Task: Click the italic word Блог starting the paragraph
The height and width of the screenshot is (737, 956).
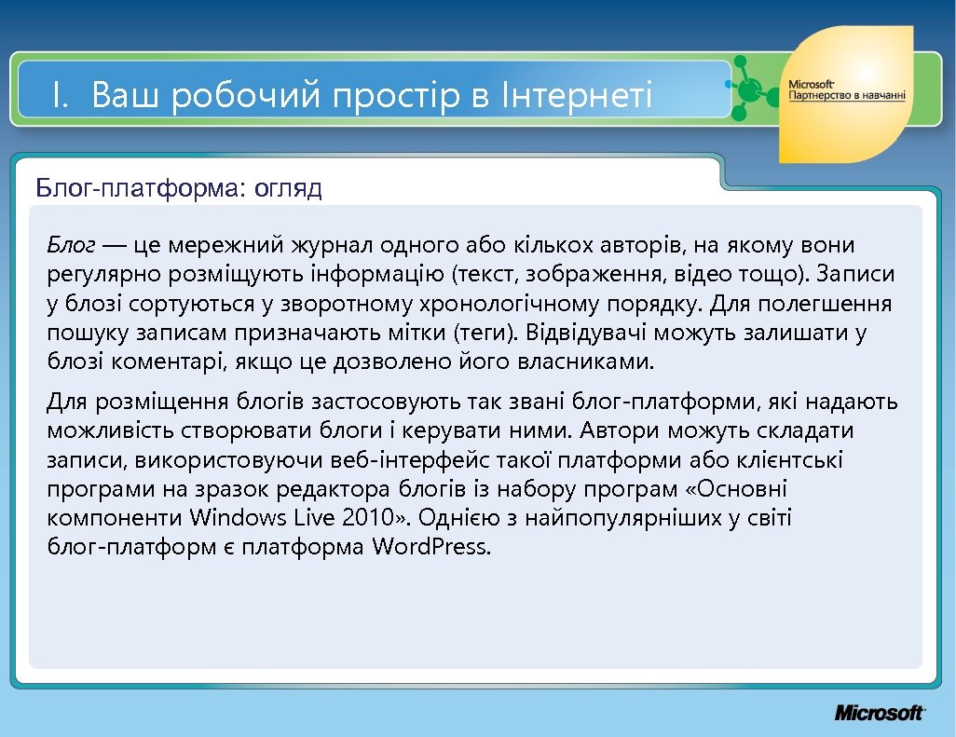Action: tap(72, 246)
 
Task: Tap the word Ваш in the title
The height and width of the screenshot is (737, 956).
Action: tap(126, 96)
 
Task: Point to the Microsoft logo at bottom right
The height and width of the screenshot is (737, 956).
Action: tap(879, 713)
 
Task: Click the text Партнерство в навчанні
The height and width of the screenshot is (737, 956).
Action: tap(846, 96)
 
